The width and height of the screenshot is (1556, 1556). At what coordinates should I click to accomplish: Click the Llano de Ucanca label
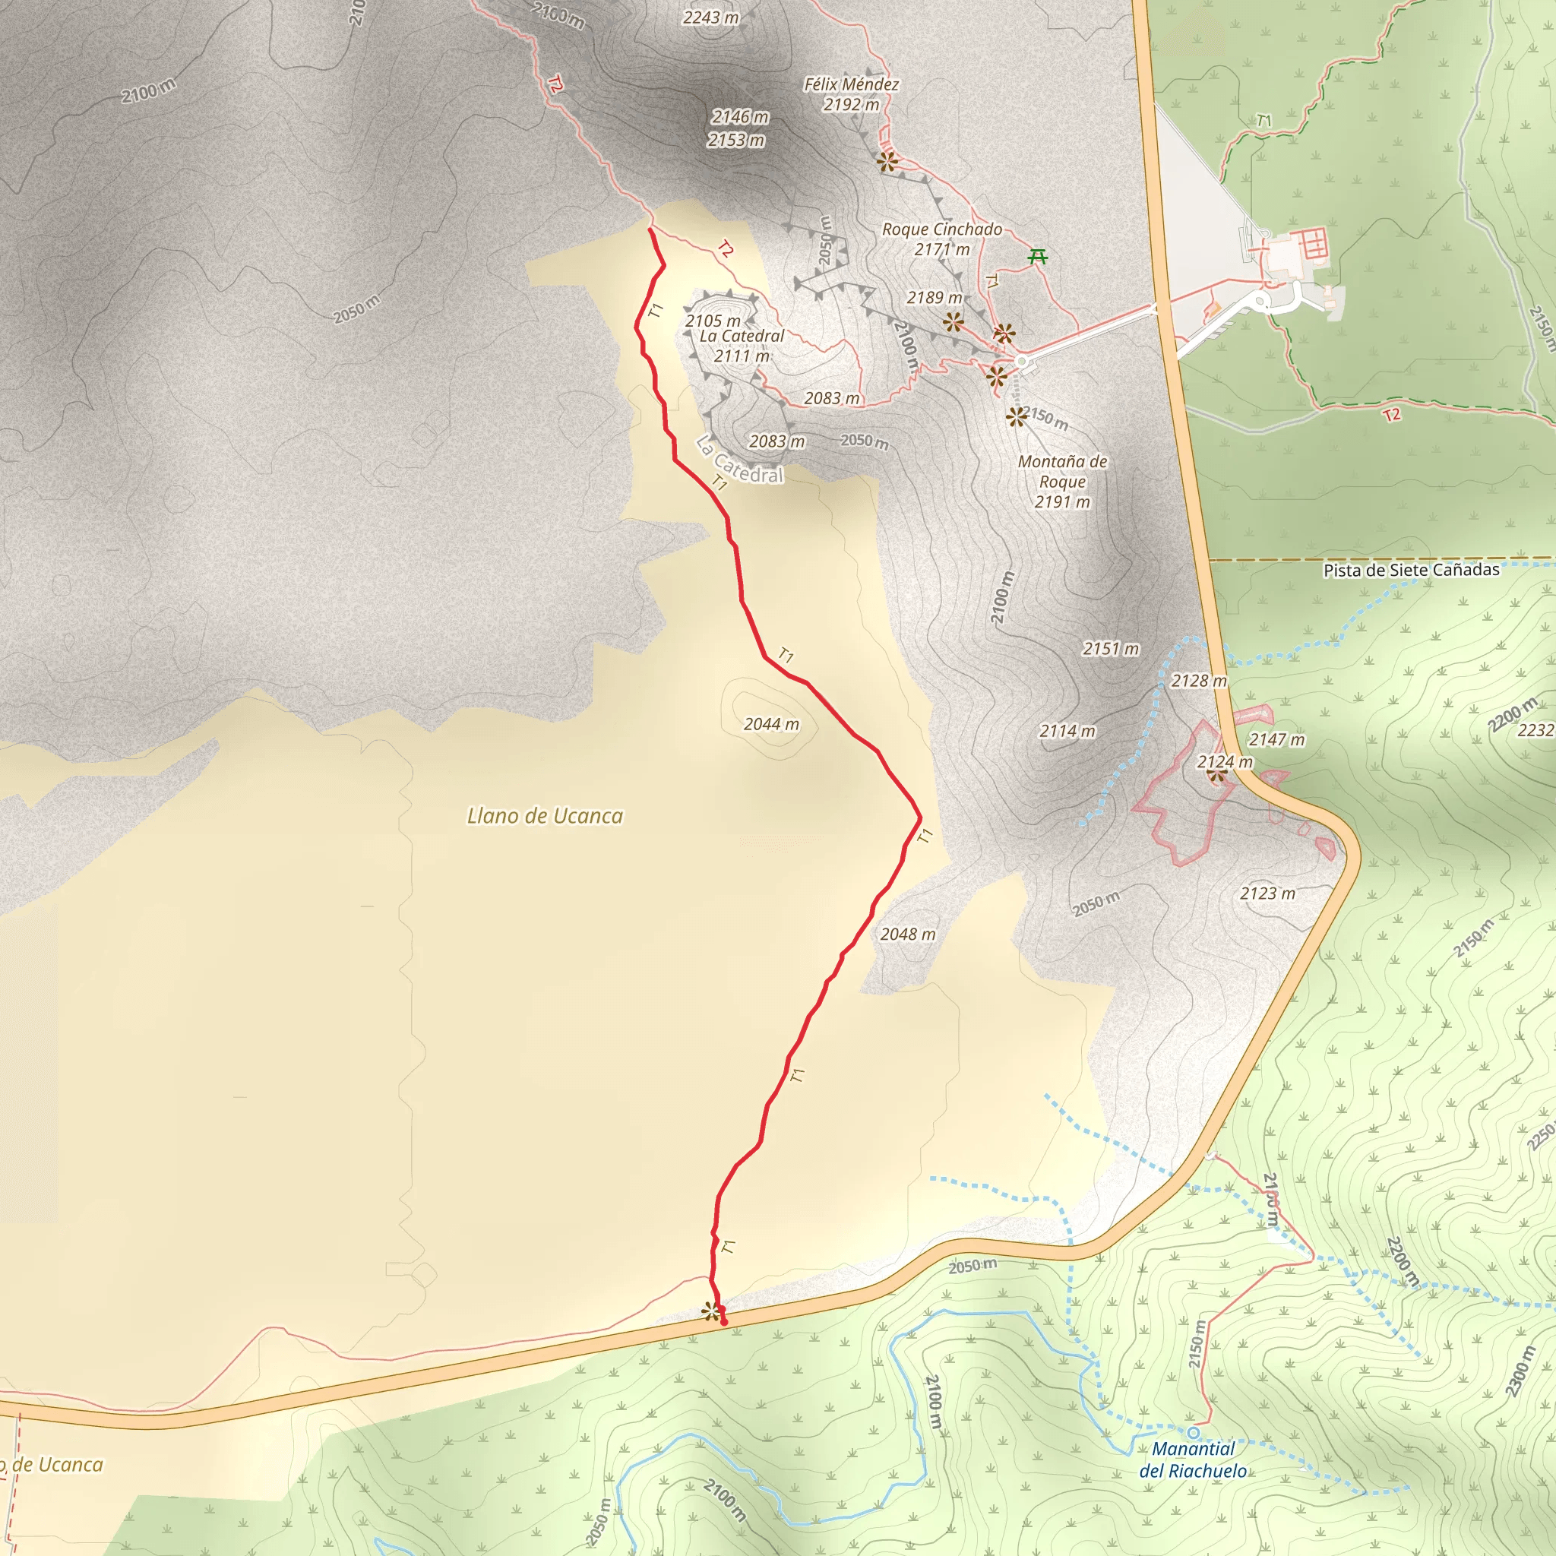[x=546, y=816]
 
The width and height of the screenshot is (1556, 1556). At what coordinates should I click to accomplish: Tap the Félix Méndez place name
[x=851, y=84]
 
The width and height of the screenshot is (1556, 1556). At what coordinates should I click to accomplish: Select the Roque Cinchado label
[x=941, y=229]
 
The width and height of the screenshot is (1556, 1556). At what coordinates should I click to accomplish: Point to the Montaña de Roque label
[x=1062, y=481]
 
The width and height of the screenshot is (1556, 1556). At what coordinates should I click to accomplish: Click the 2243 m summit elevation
[x=710, y=17]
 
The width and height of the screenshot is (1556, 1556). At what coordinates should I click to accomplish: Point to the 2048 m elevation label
[x=908, y=935]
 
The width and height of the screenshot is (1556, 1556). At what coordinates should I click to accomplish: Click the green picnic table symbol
[x=1038, y=257]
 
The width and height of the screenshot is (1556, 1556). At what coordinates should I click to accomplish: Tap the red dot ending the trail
[x=724, y=1323]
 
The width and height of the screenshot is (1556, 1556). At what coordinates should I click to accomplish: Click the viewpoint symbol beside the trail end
[x=710, y=1312]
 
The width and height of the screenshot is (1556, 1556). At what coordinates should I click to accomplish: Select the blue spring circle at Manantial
[x=1193, y=1433]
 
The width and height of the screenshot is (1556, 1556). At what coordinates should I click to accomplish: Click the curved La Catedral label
[x=739, y=460]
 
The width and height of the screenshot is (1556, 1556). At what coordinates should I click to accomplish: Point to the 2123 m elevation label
[x=1268, y=893]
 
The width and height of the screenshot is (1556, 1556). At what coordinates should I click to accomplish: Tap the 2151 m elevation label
[x=1111, y=648]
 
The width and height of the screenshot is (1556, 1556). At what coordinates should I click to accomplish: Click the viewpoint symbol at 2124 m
[x=1217, y=775]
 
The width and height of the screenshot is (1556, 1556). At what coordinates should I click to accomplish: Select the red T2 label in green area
[x=1391, y=415]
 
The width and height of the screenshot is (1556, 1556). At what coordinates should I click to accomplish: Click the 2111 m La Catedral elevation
[x=742, y=356]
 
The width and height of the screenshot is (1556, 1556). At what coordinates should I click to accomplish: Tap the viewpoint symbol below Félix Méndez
[x=887, y=162]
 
